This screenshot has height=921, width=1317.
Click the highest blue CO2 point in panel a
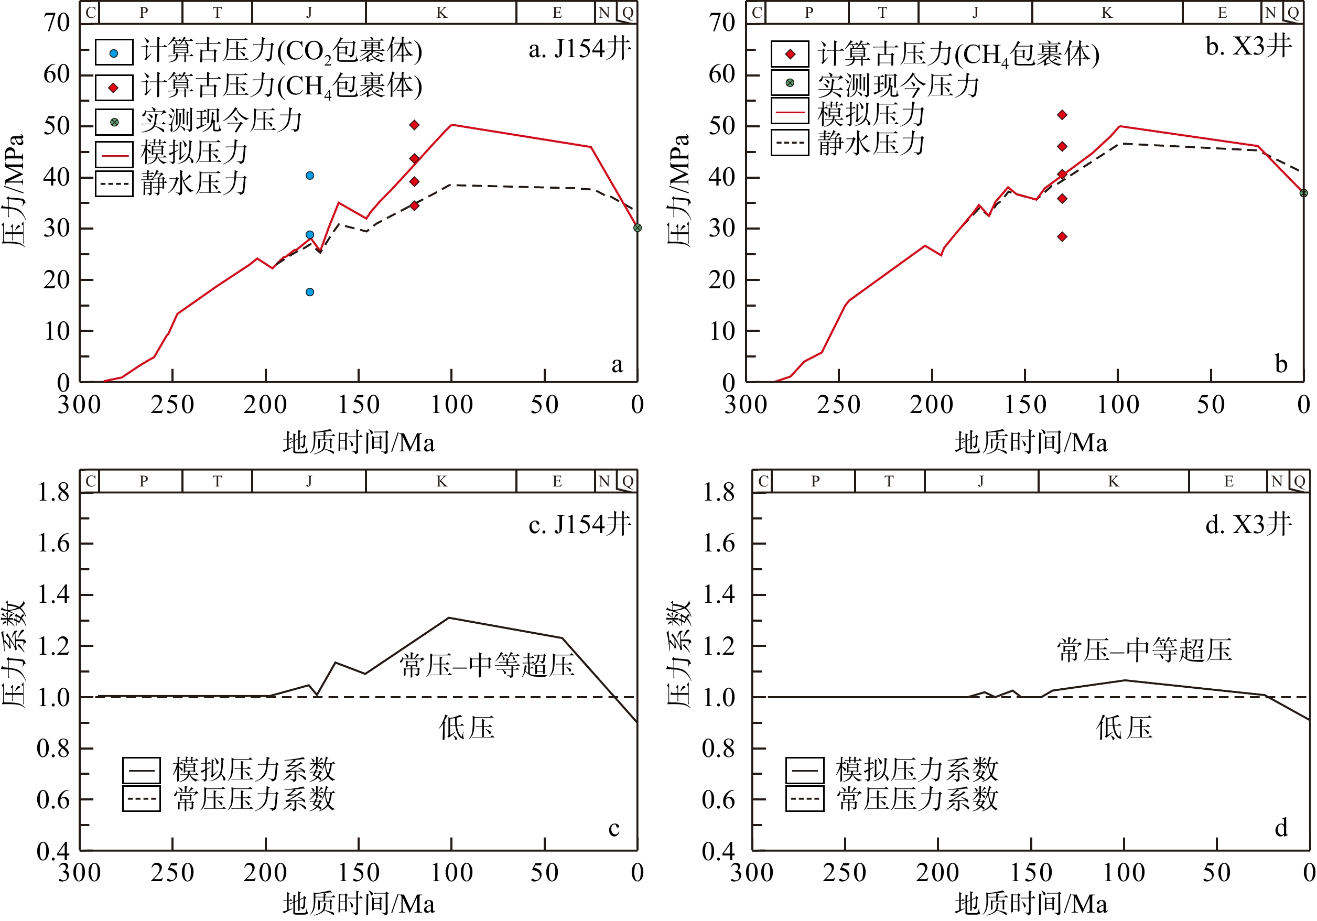pos(310,176)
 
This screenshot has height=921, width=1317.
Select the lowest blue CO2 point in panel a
pos(310,292)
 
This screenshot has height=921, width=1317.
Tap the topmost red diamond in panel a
pos(414,125)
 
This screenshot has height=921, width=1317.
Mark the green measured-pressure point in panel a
pos(638,227)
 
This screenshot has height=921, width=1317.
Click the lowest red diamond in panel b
pos(1062,236)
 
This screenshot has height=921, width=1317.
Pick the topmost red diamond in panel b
pos(1062,115)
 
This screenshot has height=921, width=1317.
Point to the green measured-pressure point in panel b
pos(1303,193)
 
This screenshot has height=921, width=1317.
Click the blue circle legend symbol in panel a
pos(114,53)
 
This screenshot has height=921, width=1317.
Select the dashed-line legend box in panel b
pos(790,143)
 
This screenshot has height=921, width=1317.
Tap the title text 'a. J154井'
pos(579,49)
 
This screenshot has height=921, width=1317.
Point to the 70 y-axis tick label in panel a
pos(57,23)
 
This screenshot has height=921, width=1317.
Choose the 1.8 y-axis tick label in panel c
pos(53,492)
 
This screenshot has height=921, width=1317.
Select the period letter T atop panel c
pos(217,481)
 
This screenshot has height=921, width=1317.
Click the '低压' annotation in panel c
pos(466,728)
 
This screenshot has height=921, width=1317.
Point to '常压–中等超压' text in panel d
pos(1145,651)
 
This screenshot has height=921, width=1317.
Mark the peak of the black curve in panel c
pos(449,617)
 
